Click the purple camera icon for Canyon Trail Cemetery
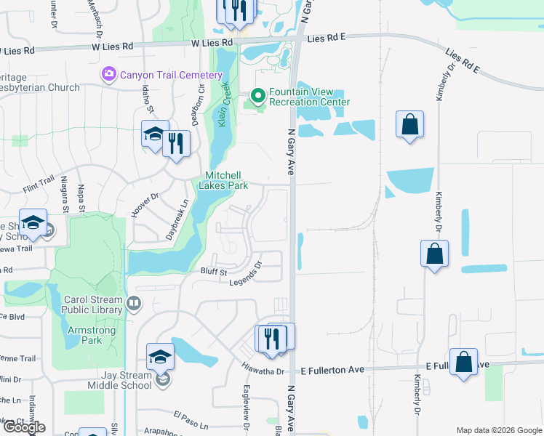click(x=109, y=74)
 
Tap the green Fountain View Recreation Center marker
click(x=257, y=95)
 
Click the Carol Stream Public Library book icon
click(x=133, y=304)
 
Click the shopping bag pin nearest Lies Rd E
click(x=410, y=124)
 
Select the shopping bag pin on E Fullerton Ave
click(x=463, y=362)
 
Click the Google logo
click(x=23, y=427)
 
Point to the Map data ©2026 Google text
click(x=498, y=430)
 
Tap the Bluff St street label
click(x=214, y=272)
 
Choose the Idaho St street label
click(x=148, y=99)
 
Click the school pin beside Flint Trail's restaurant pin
click(x=155, y=134)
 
